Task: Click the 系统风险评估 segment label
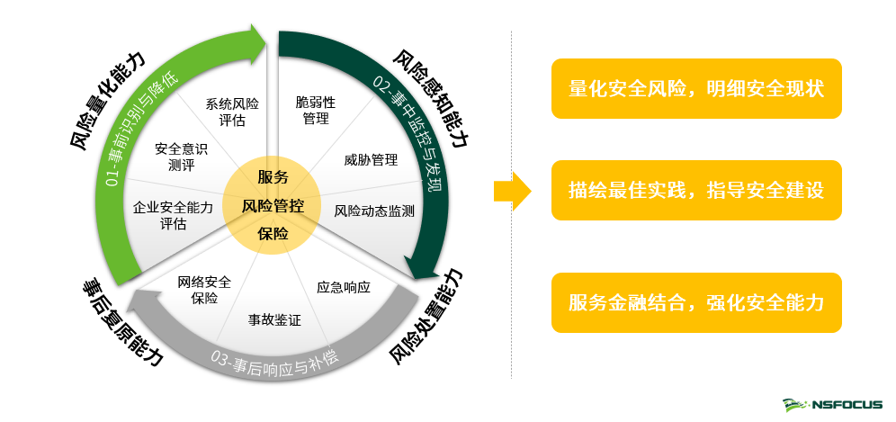pos(231,112)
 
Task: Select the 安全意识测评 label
pos(181,156)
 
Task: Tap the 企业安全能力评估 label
pos(173,215)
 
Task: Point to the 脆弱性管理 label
pos(316,110)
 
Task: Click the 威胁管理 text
pos(371,160)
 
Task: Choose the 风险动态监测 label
pos(374,211)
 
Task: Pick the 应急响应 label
pos(344,288)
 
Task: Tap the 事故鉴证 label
pos(274,319)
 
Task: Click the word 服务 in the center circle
pos(273,176)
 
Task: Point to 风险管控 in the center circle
pos(273,205)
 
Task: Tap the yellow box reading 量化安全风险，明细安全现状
pos(696,89)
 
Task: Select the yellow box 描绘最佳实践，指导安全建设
pos(696,191)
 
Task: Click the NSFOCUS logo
pos(832,405)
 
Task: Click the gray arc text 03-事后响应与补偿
pos(274,362)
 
